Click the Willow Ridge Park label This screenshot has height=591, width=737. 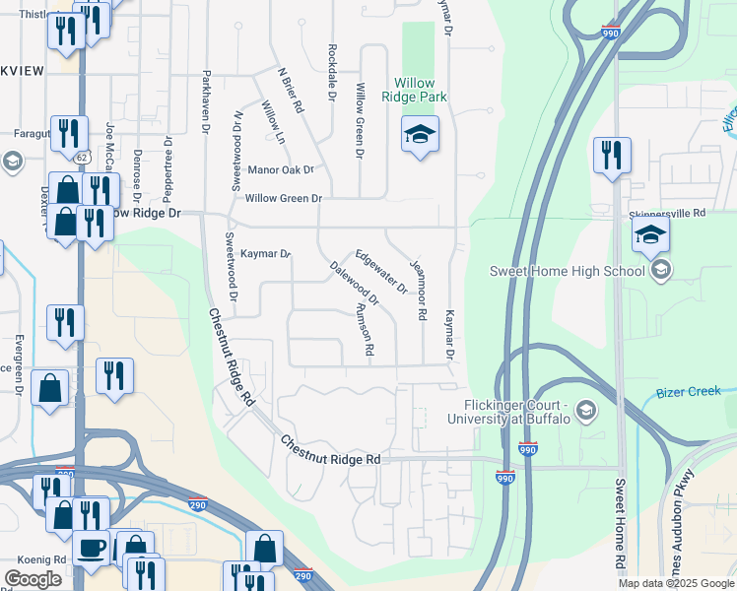click(x=421, y=90)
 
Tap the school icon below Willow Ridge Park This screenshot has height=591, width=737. click(x=420, y=135)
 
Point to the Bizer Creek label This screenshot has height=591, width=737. click(x=689, y=393)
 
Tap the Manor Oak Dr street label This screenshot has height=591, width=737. click(x=281, y=169)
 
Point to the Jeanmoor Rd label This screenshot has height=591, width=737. click(x=422, y=296)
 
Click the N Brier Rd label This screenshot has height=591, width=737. click(x=291, y=90)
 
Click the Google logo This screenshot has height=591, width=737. click(x=33, y=579)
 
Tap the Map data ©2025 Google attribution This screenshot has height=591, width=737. click(x=676, y=583)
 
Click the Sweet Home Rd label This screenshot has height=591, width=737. click(x=621, y=527)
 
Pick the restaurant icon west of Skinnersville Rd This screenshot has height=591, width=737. click(x=611, y=157)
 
